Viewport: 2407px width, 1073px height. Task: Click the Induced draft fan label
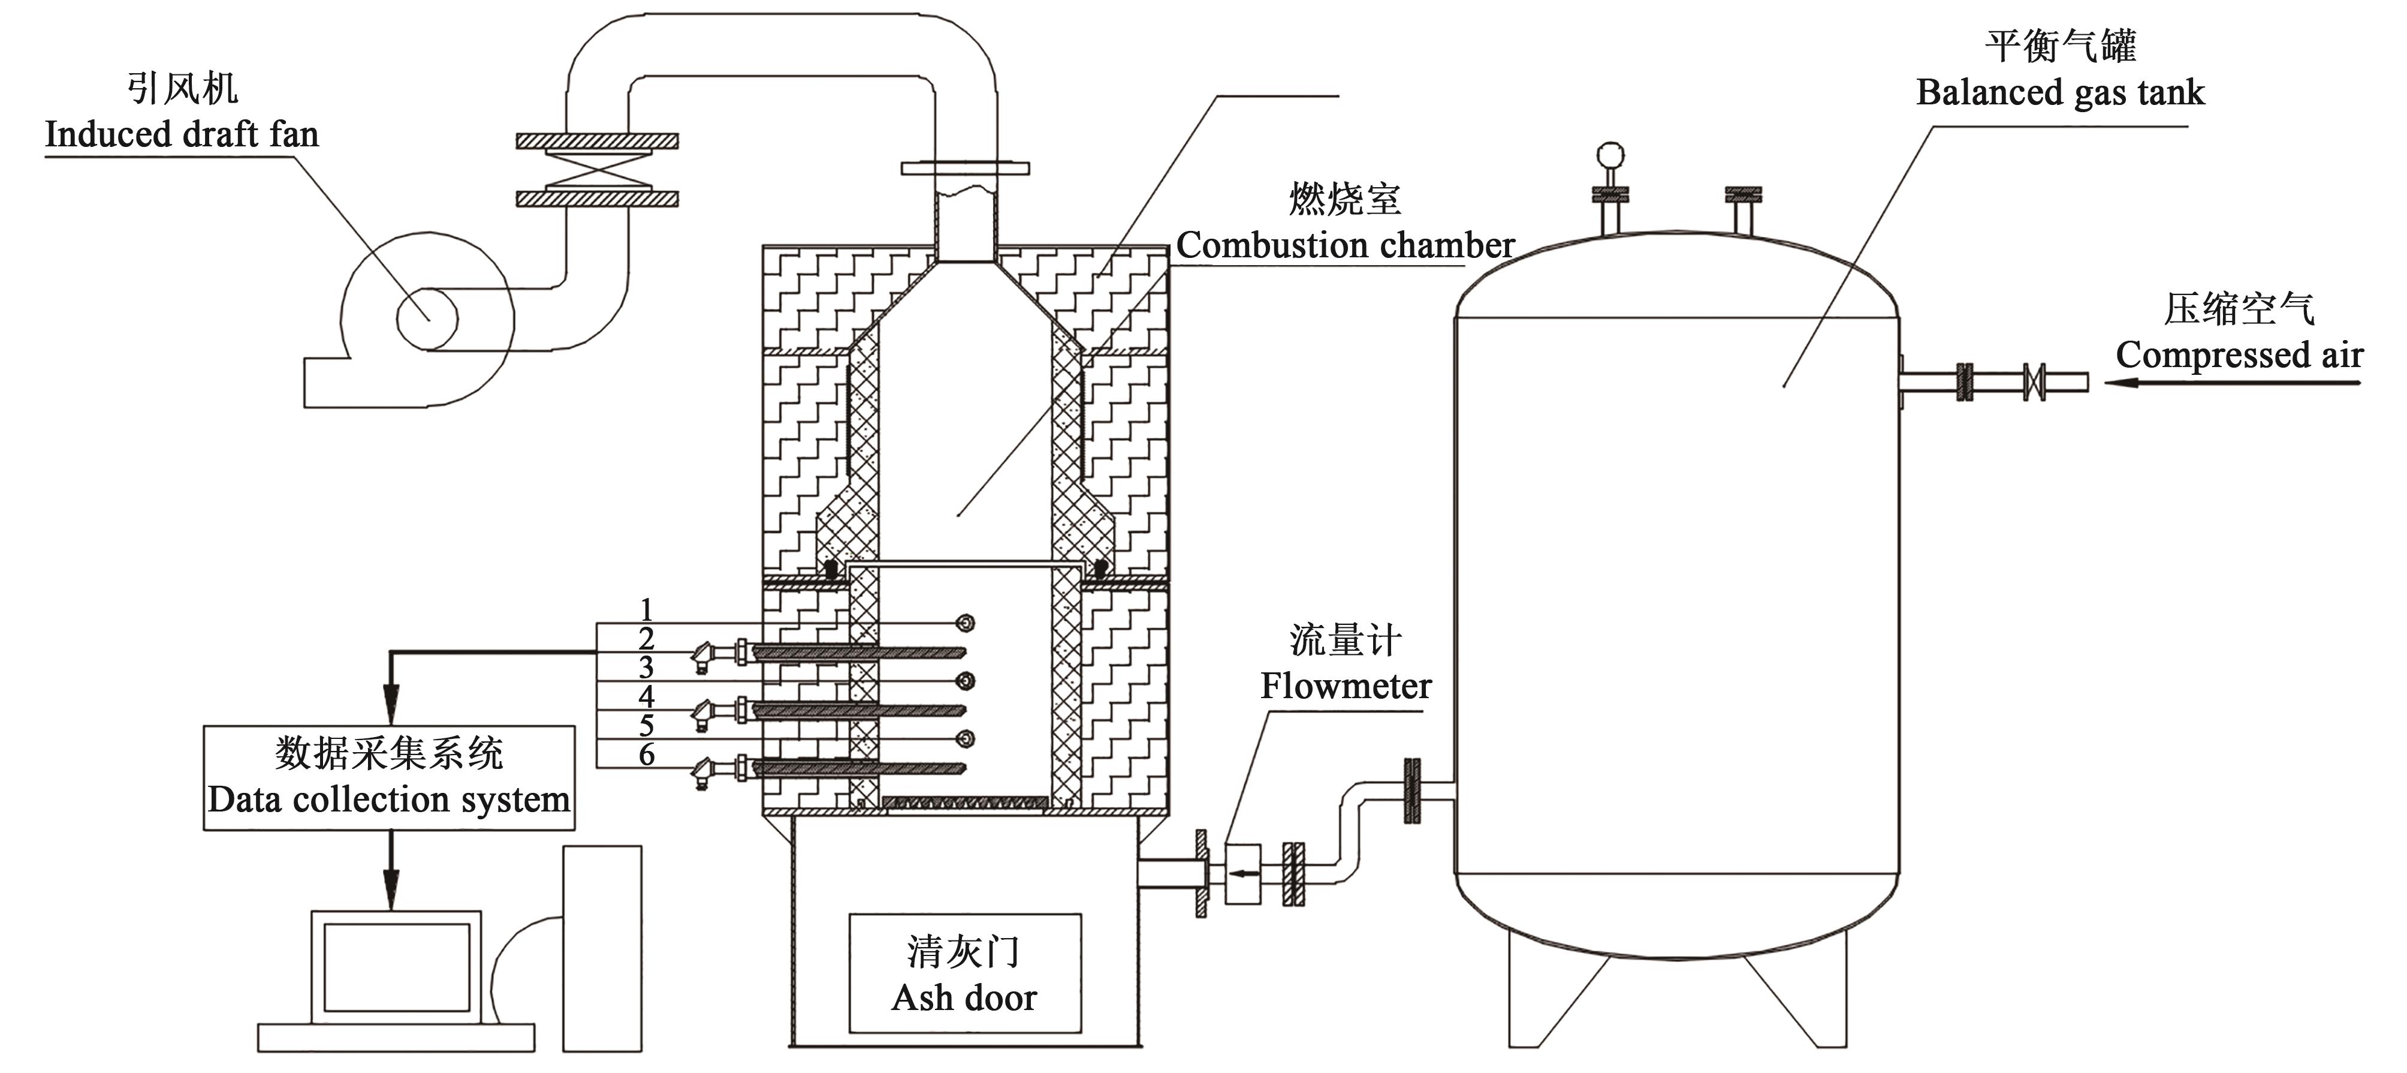182,134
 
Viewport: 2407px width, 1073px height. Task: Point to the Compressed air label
2239,355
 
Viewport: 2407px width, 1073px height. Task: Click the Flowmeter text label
1346,686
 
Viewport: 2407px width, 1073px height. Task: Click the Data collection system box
389,778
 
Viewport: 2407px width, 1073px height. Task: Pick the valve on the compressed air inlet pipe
2033,382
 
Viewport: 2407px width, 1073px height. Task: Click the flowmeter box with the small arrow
1242,874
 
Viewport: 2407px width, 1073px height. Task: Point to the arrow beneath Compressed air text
2233,382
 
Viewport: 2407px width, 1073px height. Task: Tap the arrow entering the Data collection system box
391,701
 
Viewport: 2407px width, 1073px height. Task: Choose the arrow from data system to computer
391,879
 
